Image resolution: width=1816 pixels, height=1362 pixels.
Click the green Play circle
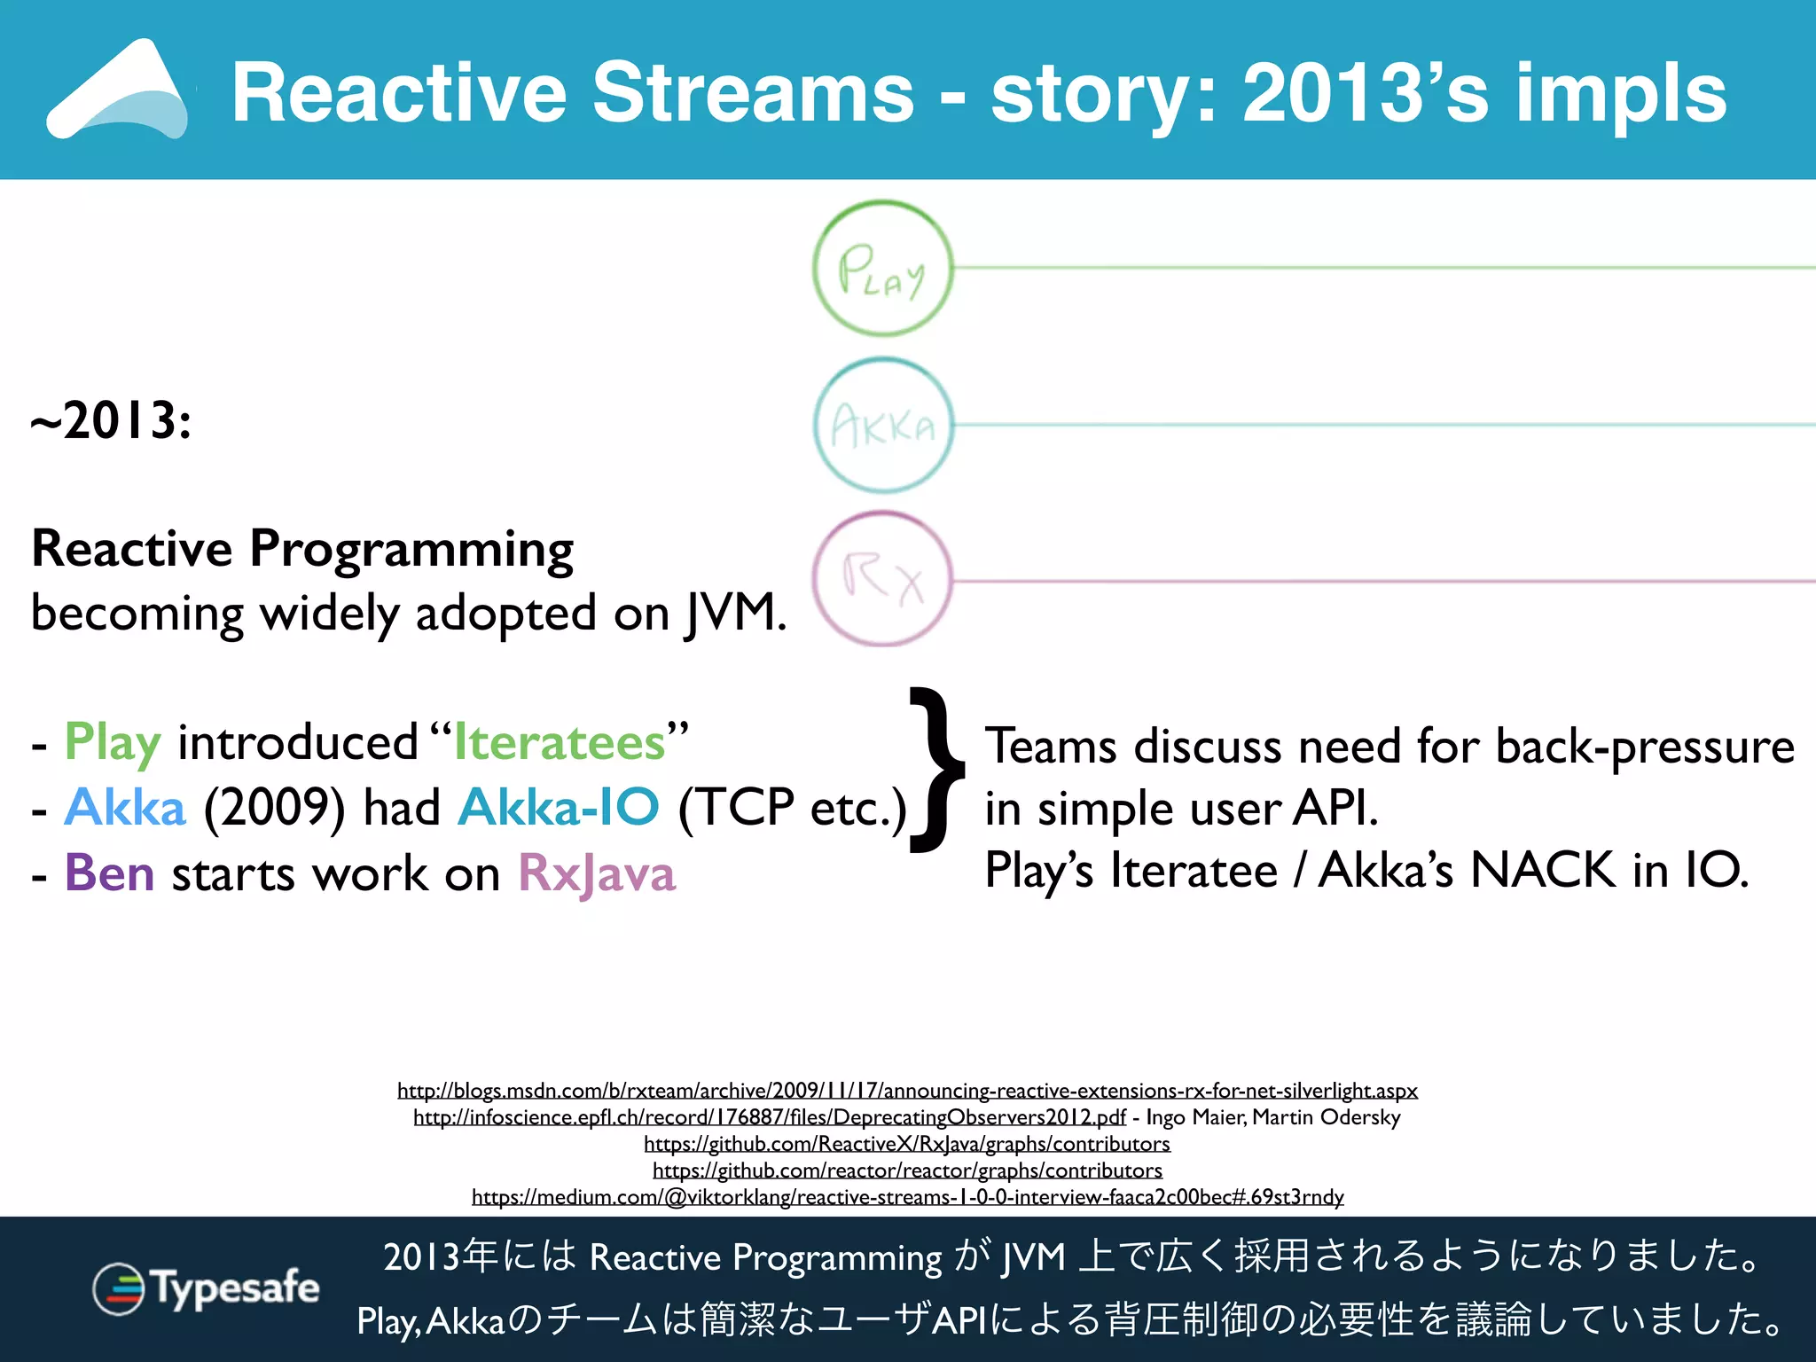882,269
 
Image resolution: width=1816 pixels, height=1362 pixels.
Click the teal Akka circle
882,426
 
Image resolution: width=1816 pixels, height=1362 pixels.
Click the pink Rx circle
882,580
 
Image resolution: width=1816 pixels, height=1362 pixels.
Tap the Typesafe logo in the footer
206,1288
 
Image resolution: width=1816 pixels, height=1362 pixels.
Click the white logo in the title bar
118,90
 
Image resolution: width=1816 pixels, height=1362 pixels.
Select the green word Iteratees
560,742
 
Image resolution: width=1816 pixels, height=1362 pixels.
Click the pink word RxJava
597,873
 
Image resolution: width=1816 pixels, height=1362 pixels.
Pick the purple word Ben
109,873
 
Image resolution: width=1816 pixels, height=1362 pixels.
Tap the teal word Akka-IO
559,807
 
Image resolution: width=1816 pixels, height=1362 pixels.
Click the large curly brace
936,771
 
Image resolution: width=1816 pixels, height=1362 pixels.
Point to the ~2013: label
111,420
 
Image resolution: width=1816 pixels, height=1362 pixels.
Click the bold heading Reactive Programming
302,548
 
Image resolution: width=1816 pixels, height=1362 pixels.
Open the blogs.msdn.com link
907,1090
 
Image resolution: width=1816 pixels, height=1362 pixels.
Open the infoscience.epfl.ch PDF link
769,1116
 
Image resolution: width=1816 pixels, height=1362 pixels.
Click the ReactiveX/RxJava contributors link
907,1144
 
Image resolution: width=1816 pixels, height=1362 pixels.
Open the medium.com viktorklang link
907,1197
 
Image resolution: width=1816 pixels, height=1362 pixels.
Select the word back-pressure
1645,746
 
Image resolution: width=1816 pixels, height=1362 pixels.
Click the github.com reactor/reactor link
907,1170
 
